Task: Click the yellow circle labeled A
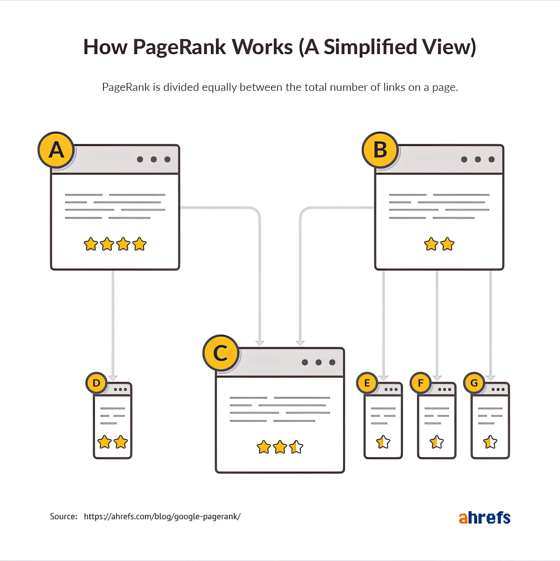(56, 150)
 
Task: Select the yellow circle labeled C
(221, 353)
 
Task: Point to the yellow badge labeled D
(96, 383)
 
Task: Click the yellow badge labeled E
(367, 383)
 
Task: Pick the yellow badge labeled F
(421, 383)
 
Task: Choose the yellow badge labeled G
(474, 383)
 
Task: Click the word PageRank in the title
(179, 47)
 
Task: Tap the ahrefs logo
(484, 518)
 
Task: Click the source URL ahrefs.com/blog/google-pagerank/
(162, 516)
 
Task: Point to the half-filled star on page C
(296, 447)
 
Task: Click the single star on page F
(437, 442)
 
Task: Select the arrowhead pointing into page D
(113, 377)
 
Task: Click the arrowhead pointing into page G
(491, 377)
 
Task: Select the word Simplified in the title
(370, 47)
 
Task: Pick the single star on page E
(383, 442)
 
